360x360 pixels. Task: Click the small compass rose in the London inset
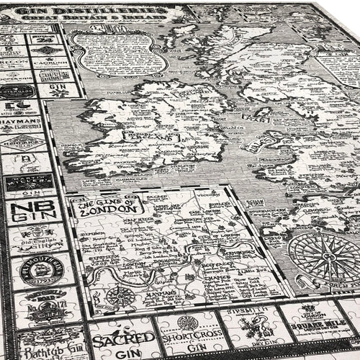120,296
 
